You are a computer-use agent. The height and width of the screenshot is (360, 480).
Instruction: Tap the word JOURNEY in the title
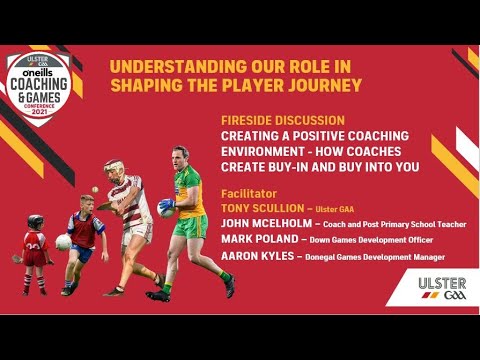tap(317, 85)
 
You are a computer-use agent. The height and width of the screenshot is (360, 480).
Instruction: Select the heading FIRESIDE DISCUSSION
tap(283, 119)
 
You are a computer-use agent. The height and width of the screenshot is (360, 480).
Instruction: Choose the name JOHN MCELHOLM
tap(266, 224)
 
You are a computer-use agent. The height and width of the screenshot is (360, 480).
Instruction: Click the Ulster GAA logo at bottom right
tap(440, 289)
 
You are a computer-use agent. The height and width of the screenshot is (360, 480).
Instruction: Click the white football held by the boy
tap(64, 241)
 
